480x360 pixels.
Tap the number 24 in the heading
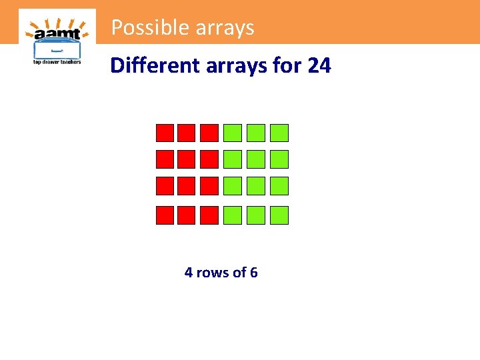(319, 65)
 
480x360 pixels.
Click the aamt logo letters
(57, 33)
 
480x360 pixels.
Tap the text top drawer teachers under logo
(57, 62)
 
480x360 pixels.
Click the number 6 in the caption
(253, 273)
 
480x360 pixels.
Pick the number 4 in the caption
(189, 273)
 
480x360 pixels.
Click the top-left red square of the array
(164, 133)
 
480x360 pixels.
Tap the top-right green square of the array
(280, 133)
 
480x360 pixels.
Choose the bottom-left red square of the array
(164, 215)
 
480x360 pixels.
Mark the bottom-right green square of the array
(280, 215)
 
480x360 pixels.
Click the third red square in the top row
(209, 133)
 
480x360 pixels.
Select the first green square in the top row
(233, 133)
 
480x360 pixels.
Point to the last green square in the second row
(280, 159)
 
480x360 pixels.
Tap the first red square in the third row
(164, 186)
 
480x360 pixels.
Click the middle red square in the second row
(187, 159)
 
